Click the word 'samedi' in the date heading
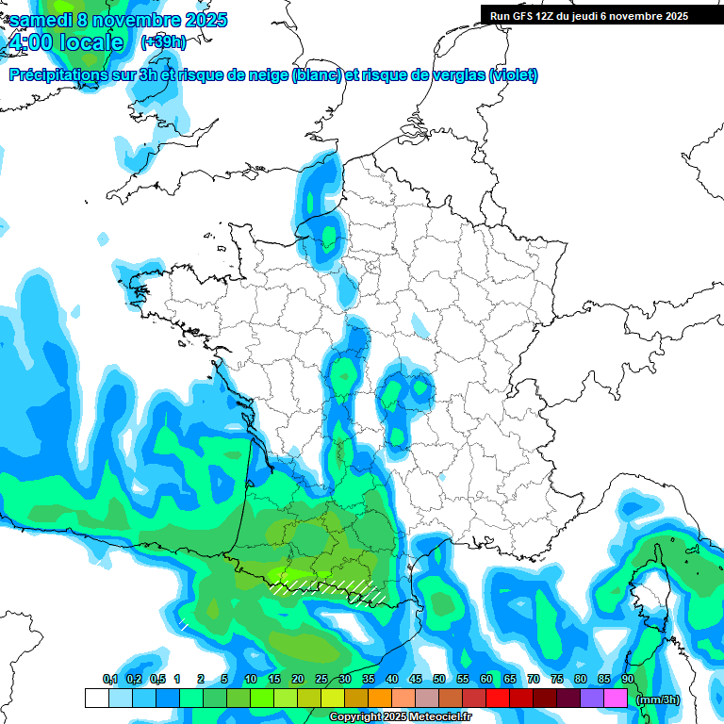(41, 20)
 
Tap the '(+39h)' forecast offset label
(163, 42)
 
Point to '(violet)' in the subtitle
(514, 75)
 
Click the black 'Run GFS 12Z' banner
(589, 16)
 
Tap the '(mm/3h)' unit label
(658, 699)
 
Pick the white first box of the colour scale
(96, 699)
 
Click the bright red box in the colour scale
(498, 699)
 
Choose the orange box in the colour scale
(380, 699)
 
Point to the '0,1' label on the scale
(109, 680)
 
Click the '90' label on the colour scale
(628, 680)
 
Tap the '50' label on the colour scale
(439, 680)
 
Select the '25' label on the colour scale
(321, 680)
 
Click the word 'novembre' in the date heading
(140, 20)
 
